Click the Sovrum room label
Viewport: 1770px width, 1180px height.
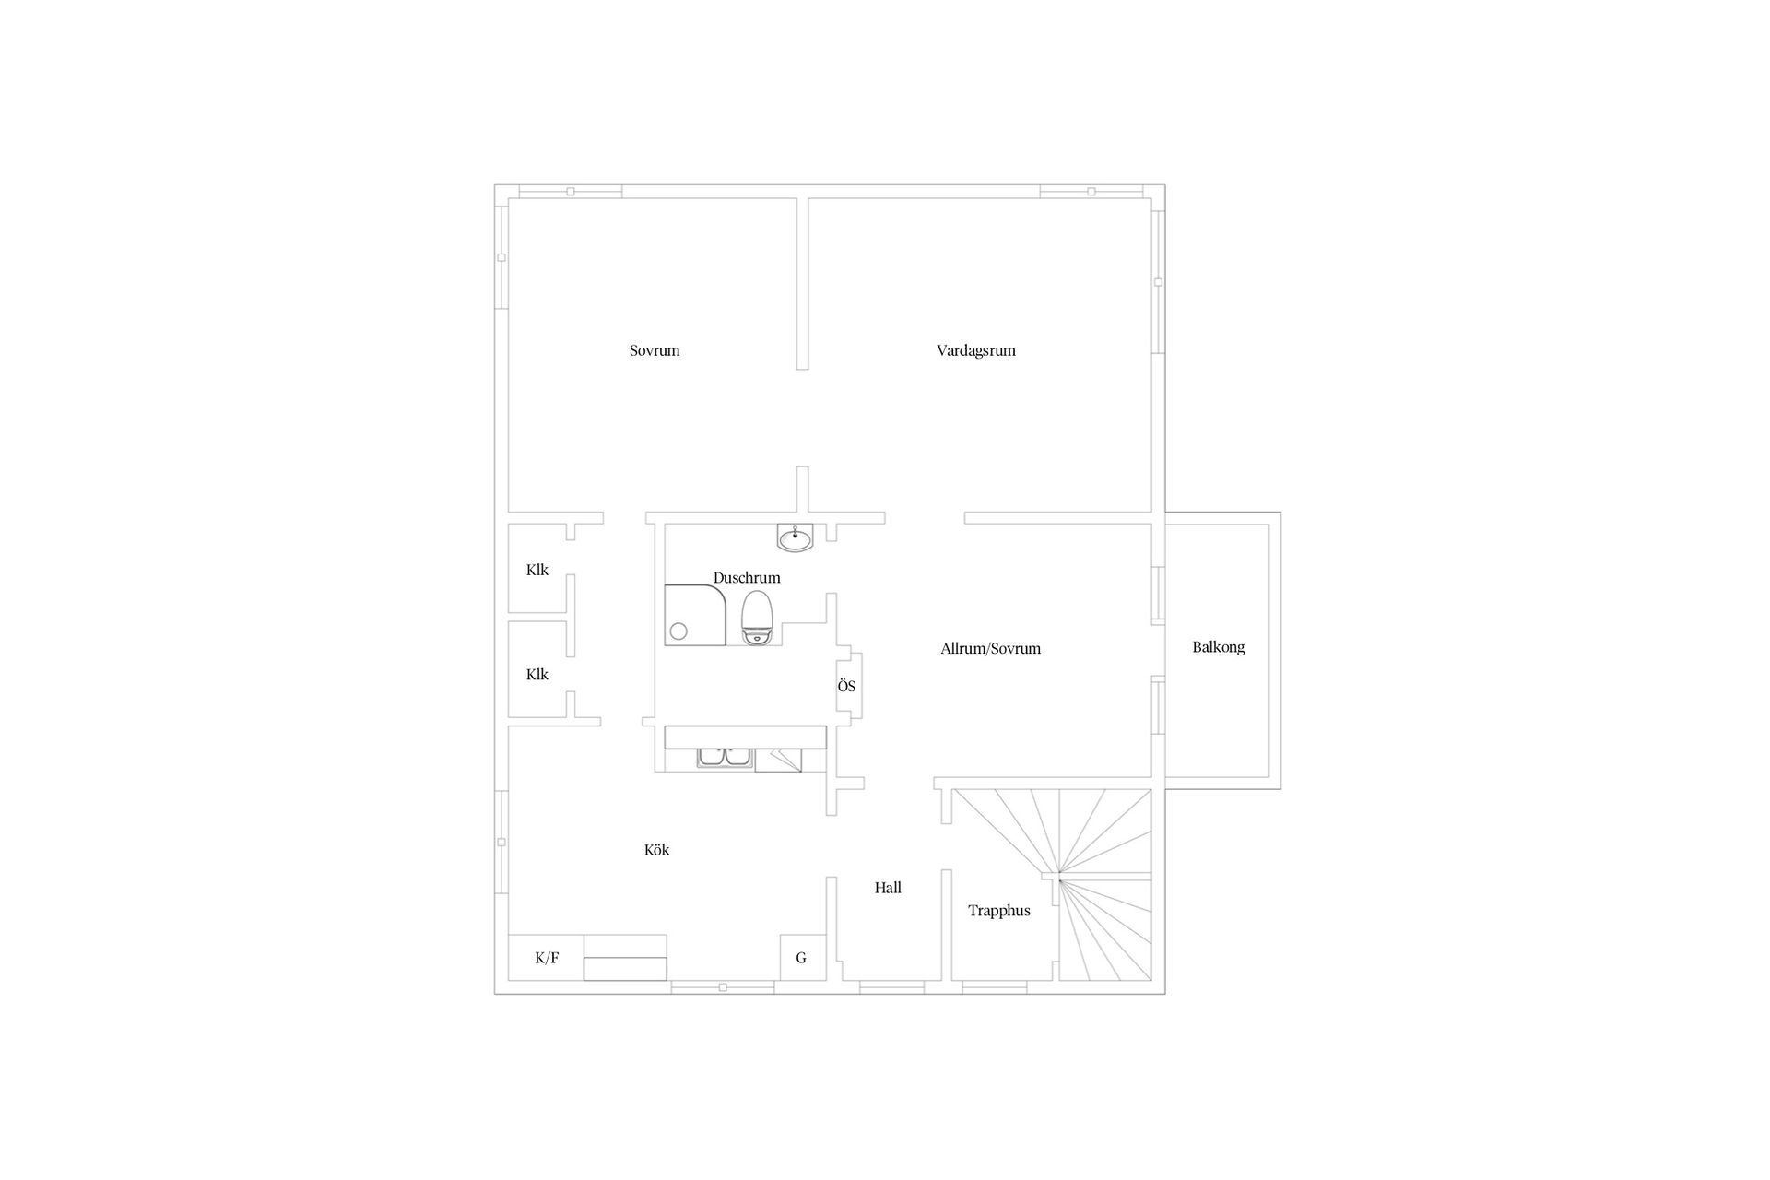coord(655,350)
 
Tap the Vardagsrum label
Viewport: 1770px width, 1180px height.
coord(975,350)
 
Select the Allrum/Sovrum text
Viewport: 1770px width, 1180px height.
coord(990,648)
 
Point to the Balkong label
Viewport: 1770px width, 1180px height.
coord(1218,647)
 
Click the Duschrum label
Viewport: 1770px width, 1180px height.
coord(747,578)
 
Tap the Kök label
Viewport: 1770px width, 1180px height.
coord(656,850)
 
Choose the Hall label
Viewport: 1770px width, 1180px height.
coord(888,888)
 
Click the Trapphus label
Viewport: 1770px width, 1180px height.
coord(998,911)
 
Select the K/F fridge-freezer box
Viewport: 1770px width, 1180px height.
coord(547,958)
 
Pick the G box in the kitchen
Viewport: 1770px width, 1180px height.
coord(801,958)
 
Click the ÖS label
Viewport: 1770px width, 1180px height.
coord(846,687)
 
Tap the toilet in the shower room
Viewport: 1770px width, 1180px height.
coord(757,617)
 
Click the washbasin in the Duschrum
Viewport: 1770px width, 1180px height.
coord(795,537)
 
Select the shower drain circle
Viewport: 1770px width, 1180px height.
coord(678,631)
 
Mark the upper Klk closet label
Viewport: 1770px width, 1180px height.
coord(537,570)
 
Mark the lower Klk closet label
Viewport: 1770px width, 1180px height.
coord(537,675)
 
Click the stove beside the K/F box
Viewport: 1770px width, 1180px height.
coord(625,959)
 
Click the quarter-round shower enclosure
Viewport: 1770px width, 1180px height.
coord(701,614)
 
